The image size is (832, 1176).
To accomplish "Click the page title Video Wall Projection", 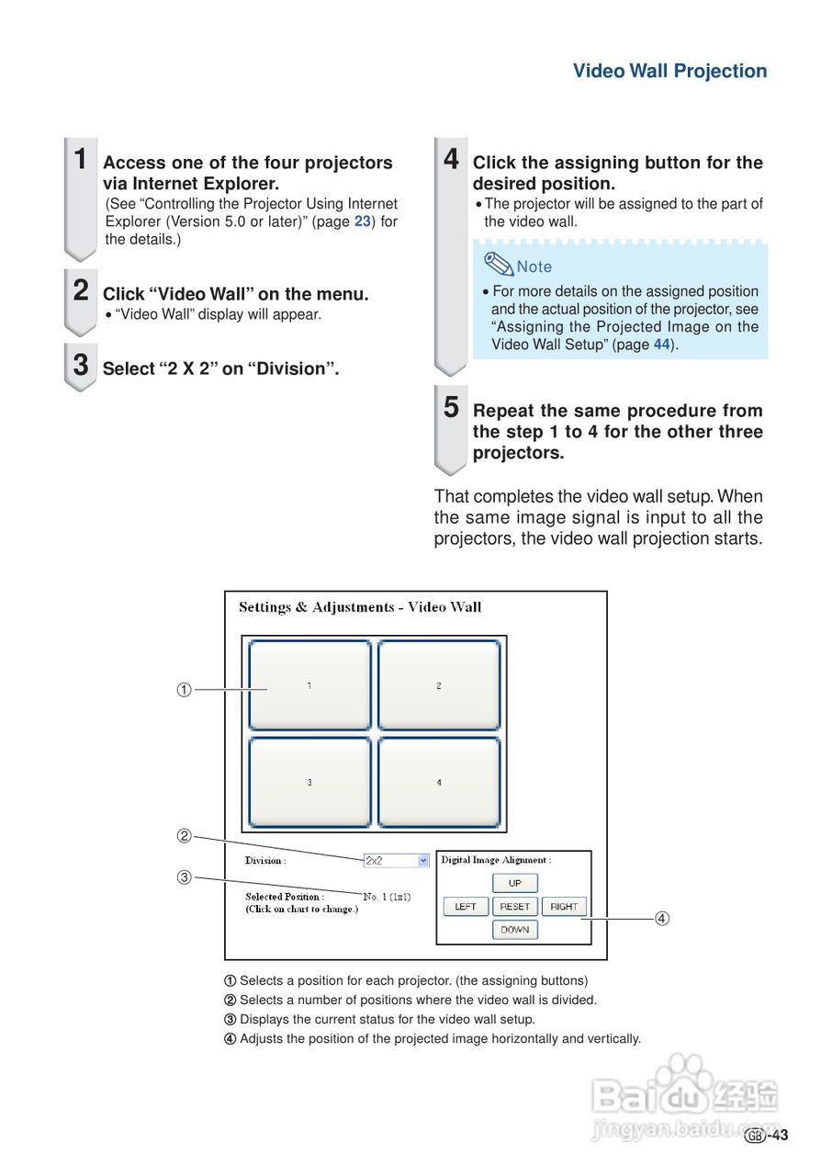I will click(669, 72).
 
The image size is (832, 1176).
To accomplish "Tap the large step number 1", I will click(81, 159).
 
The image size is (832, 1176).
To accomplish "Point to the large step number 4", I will click(451, 159).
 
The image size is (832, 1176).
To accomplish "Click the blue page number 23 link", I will click(362, 221).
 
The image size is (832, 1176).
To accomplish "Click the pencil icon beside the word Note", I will click(498, 265).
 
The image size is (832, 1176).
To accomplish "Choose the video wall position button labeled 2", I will click(439, 685).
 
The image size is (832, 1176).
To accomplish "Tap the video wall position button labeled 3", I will click(309, 782).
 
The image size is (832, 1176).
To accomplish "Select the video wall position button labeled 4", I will click(439, 782).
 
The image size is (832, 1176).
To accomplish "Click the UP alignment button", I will click(515, 883).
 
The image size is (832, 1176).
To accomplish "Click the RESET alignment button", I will click(515, 906).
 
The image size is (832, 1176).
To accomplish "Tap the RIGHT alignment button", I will click(564, 906).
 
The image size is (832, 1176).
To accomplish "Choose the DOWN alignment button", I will click(515, 930).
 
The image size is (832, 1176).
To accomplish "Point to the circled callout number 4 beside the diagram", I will click(661, 918).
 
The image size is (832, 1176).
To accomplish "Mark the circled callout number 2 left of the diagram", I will click(184, 836).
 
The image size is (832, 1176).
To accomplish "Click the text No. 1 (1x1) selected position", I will click(387, 897).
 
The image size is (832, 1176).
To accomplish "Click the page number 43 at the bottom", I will click(779, 1136).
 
